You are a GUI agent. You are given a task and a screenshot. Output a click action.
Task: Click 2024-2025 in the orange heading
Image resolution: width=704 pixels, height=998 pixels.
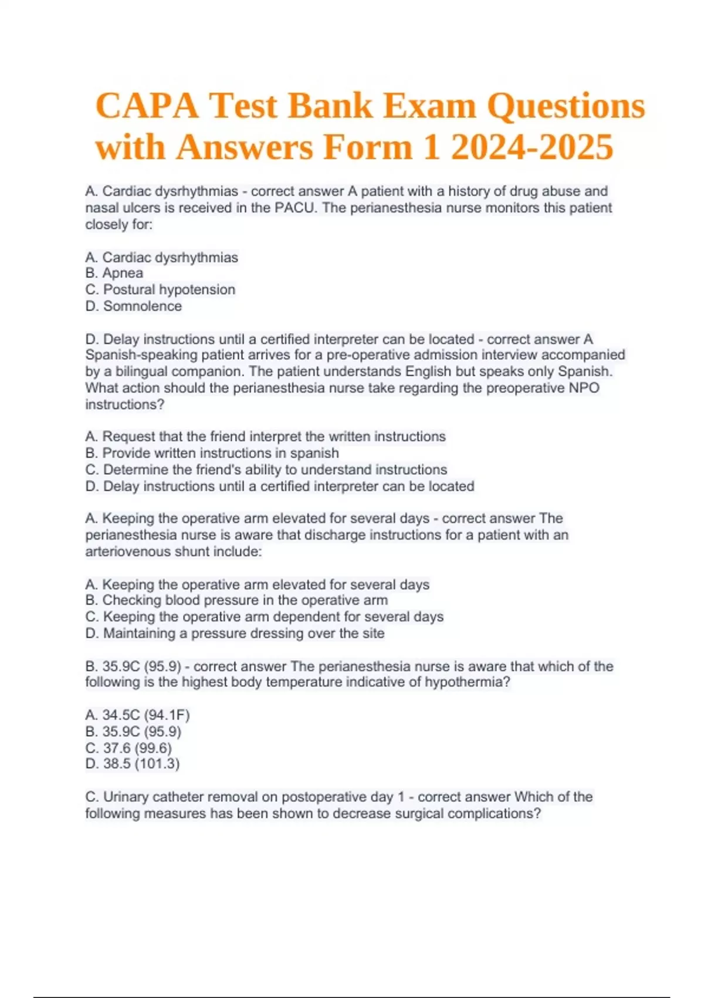532,147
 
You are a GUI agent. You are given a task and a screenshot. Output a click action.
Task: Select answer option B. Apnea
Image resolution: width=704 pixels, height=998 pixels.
114,273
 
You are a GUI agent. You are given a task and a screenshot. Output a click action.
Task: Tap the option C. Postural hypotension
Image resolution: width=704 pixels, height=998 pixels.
160,289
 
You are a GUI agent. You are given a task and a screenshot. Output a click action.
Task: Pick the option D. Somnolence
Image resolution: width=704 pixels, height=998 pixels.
134,306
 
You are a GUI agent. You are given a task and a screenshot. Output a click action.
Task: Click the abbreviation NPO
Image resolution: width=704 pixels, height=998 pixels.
584,388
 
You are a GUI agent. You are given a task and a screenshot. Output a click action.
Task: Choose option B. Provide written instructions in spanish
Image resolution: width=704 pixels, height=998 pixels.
212,453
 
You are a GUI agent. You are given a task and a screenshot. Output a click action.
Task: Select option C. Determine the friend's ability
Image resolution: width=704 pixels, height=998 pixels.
266,470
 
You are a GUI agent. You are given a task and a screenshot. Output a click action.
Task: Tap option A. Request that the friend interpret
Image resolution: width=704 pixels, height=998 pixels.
265,437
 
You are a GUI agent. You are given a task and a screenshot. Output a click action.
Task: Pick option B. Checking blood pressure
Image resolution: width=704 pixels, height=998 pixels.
236,601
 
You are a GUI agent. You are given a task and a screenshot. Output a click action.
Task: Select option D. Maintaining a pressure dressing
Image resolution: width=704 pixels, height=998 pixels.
235,633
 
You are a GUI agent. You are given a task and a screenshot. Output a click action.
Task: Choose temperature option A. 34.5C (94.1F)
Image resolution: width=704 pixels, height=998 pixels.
137,715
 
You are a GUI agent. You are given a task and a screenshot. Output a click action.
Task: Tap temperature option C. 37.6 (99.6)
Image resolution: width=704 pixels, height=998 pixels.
128,748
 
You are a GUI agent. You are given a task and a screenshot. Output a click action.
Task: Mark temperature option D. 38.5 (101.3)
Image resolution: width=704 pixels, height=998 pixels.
132,764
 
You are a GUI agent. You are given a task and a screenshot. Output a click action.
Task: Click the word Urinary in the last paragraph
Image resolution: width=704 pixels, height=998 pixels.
126,797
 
